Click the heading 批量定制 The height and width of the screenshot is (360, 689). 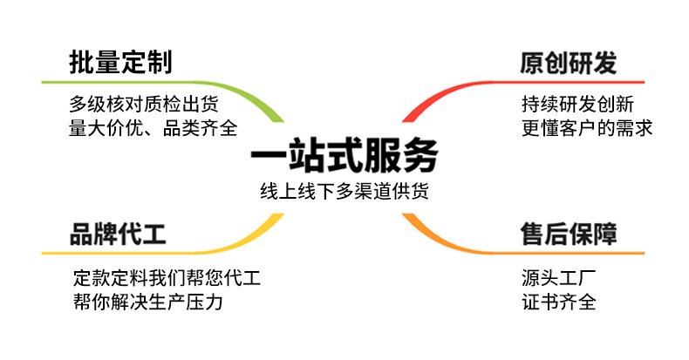pos(120,63)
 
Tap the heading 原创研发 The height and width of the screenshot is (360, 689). pos(568,63)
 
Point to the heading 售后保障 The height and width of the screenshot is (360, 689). pos(569,234)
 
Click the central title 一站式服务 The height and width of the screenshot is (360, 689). pos(344,157)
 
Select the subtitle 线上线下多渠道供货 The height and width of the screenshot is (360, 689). pos(344,192)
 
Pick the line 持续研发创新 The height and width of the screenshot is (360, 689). pos(576,104)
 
